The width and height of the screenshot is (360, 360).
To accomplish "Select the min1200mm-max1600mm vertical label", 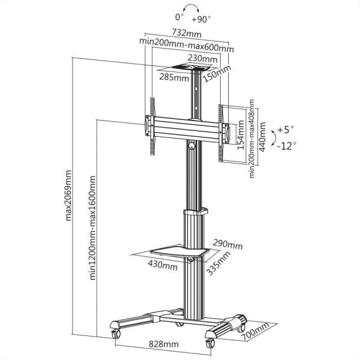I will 92,228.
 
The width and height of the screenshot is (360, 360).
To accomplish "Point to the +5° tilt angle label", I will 287,129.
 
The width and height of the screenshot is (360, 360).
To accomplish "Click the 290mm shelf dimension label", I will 228,245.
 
